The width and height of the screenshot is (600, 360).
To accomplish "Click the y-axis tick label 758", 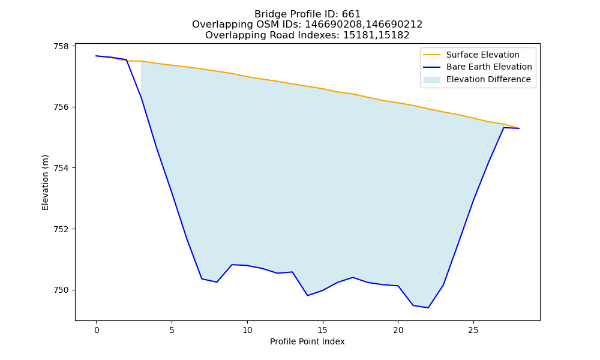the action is [62, 46].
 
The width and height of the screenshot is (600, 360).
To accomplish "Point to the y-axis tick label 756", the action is [62, 107].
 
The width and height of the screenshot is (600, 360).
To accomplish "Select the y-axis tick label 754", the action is [62, 168].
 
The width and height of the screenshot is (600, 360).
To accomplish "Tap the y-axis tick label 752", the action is [62, 229].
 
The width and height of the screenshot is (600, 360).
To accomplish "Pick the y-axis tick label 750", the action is [62, 290].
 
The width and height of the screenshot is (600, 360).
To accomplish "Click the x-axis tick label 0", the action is [97, 330].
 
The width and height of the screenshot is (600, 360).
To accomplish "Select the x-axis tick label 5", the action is [172, 330].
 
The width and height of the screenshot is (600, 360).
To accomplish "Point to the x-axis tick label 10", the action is [247, 330].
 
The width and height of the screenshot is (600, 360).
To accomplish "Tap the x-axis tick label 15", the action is [323, 330].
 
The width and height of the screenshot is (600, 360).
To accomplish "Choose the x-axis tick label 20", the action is [398, 330].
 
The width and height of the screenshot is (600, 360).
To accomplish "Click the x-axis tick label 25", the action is [473, 330].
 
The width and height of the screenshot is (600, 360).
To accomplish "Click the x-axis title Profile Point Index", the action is [307, 341].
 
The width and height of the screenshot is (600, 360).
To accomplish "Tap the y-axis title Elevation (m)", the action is [45, 182].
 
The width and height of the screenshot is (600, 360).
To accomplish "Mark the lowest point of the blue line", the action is [428, 308].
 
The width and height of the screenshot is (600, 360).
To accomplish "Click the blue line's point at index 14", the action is [307, 295].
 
